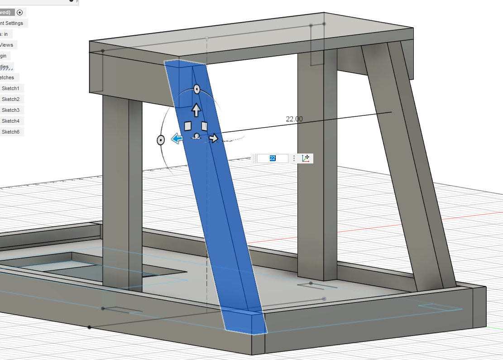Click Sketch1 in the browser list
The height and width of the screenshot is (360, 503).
click(10, 88)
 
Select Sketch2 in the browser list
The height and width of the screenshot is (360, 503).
click(10, 99)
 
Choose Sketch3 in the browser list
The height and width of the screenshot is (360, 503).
click(10, 110)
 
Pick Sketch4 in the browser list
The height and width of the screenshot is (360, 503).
click(10, 121)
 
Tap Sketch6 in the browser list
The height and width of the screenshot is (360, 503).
click(10, 132)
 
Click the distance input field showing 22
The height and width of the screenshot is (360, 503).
click(273, 158)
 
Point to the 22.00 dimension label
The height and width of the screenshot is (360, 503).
click(294, 119)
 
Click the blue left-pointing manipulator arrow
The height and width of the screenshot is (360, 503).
click(177, 139)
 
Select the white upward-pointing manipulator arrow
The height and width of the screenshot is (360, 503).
click(196, 110)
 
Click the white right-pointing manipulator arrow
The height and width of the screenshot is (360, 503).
click(213, 138)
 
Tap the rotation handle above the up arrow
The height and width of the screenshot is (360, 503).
click(197, 89)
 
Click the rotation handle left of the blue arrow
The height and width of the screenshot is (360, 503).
click(161, 140)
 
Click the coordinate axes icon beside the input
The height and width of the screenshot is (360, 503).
click(307, 158)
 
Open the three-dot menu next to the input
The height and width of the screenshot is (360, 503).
click(294, 158)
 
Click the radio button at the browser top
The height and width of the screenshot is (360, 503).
click(20, 12)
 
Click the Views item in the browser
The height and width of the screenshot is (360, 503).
click(7, 45)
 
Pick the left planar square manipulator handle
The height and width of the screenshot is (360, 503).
click(188, 126)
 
